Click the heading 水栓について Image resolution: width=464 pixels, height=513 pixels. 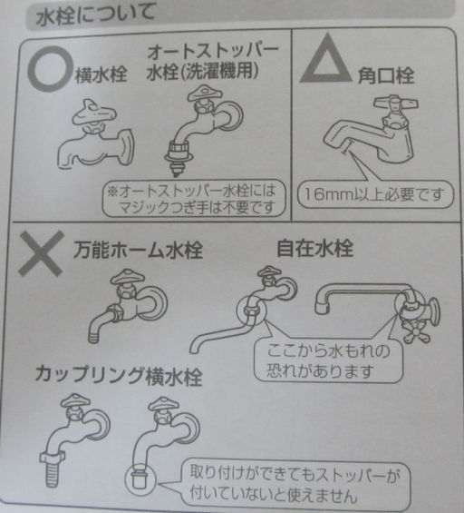[x=95, y=15]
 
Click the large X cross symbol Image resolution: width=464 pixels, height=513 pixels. [x=42, y=253]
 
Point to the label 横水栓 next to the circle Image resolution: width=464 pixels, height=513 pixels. [x=101, y=74]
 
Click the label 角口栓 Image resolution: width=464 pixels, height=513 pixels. [x=386, y=76]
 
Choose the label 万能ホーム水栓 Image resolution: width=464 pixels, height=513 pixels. [x=138, y=251]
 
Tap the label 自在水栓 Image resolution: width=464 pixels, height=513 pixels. [x=314, y=248]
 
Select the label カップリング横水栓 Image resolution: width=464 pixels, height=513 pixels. [x=119, y=375]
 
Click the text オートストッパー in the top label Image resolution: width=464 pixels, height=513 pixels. [x=213, y=53]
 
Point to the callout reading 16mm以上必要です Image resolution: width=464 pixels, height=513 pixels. [x=375, y=194]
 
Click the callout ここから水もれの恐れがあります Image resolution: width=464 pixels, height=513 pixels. [x=328, y=360]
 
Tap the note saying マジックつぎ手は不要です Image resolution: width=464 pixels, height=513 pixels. [x=196, y=207]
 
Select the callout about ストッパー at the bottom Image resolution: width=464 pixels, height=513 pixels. [x=295, y=484]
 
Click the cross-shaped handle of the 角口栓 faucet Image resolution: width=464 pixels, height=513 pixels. [x=396, y=104]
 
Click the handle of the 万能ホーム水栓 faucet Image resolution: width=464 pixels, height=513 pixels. [x=128, y=278]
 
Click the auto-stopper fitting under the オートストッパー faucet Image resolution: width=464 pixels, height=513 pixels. [x=179, y=157]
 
